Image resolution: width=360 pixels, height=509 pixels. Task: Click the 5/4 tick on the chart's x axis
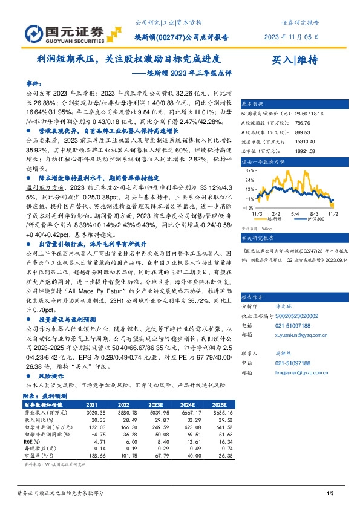(295, 213)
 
